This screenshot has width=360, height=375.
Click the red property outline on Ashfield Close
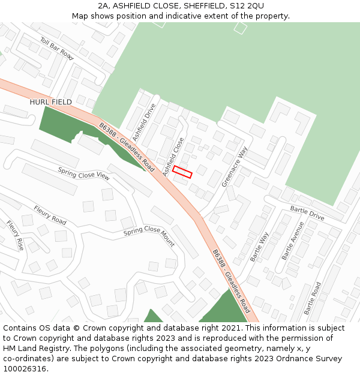point(182,172)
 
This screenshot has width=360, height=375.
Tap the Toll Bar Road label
point(56,49)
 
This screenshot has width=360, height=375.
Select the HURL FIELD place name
point(50,102)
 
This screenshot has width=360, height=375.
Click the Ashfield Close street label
point(174,157)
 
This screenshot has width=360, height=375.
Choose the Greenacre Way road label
point(235,167)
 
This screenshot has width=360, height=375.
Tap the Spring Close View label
point(84,173)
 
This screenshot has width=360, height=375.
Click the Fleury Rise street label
point(16,235)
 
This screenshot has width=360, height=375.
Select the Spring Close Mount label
point(149,236)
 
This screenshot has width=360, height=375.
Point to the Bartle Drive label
point(307,212)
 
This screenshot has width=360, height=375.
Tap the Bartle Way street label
point(259,247)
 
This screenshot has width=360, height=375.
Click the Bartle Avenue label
point(293,241)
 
